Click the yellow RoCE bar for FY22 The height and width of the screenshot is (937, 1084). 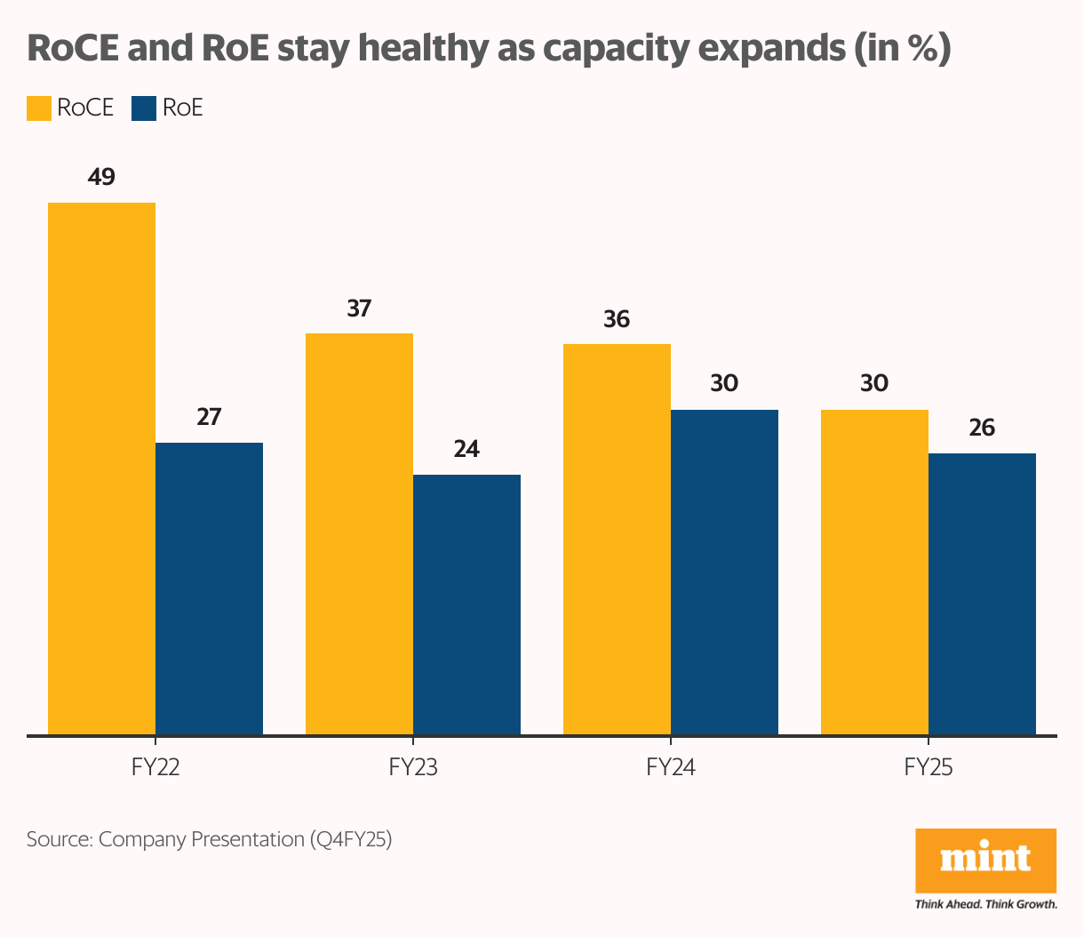[x=101, y=468]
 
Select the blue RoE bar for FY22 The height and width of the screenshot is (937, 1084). [x=209, y=589]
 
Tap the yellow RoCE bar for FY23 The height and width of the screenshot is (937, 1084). [x=359, y=533]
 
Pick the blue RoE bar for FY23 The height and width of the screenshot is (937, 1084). [x=466, y=605]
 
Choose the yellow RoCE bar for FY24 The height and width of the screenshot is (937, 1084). [x=617, y=539]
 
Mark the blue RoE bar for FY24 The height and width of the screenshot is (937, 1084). [x=724, y=572]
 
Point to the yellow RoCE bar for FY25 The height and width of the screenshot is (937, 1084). [x=874, y=572]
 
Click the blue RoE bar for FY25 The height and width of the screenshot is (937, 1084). [x=982, y=594]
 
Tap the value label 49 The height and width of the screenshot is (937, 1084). [x=101, y=177]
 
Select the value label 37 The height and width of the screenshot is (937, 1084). [x=359, y=308]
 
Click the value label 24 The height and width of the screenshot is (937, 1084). [x=466, y=449]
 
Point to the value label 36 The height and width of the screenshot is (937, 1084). [x=617, y=319]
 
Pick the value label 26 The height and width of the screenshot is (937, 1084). [x=982, y=428]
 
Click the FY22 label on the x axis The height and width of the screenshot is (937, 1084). [x=155, y=767]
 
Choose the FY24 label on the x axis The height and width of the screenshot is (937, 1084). [x=671, y=767]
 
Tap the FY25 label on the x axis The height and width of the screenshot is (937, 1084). [x=929, y=767]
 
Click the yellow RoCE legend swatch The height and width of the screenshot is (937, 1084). [x=39, y=108]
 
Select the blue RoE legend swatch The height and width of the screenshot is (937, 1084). [x=144, y=108]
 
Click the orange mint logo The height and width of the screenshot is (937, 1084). [x=985, y=860]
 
